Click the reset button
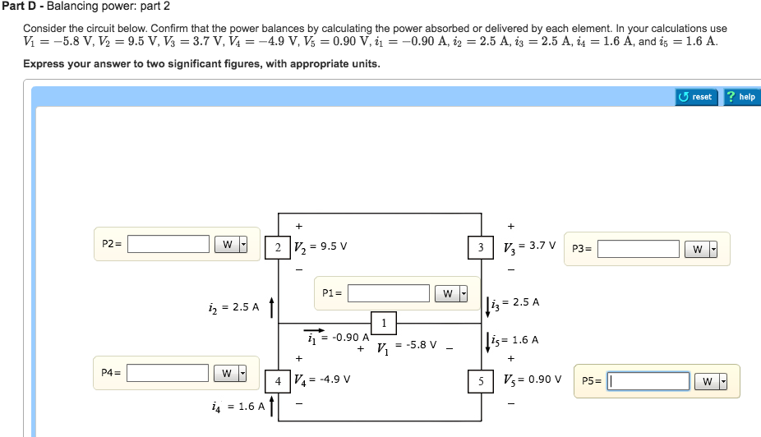click(697, 97)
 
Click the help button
click(741, 97)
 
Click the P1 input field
click(389, 293)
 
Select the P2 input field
click(168, 244)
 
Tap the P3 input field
click(638, 249)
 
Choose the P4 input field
click(167, 373)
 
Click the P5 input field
click(648, 381)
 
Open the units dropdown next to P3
click(700, 249)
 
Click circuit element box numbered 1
click(384, 321)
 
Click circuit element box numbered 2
click(278, 246)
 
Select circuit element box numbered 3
click(481, 246)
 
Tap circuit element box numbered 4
click(278, 381)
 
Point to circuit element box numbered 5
click(481, 381)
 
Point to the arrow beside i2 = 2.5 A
click(272, 306)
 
